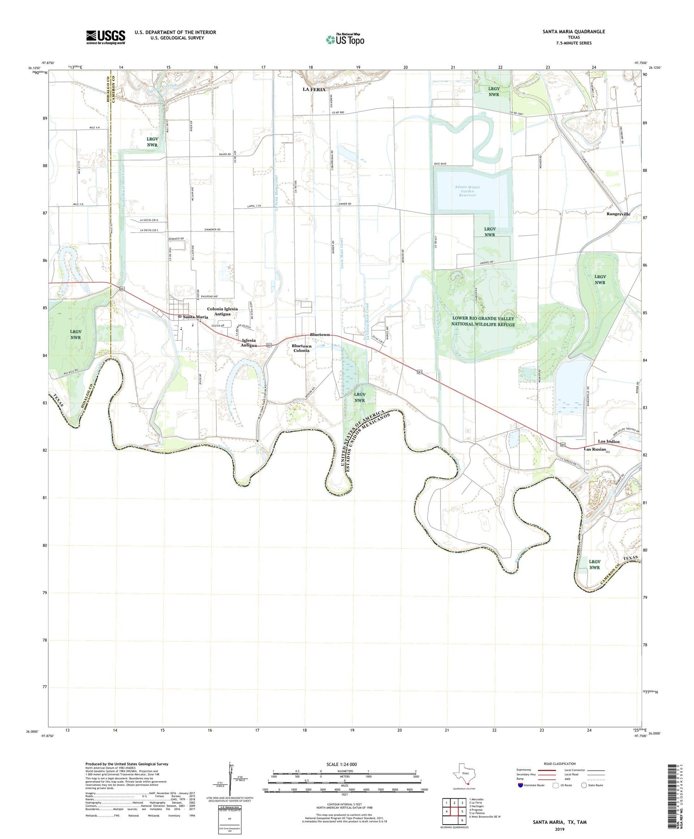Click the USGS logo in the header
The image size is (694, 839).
pyautogui.click(x=105, y=37)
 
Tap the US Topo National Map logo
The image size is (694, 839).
pyautogui.click(x=345, y=40)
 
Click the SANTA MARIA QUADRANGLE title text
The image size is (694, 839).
pyautogui.click(x=567, y=31)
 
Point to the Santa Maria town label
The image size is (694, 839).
pyautogui.click(x=195, y=317)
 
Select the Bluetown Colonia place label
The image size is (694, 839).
pyautogui.click(x=302, y=348)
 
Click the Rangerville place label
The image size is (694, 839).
pyautogui.click(x=618, y=214)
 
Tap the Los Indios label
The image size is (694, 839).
pyautogui.click(x=608, y=441)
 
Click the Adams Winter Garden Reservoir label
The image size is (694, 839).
pyautogui.click(x=467, y=191)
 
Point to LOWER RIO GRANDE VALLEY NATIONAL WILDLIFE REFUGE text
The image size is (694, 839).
pyautogui.click(x=483, y=321)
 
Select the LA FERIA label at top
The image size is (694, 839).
pyautogui.click(x=314, y=89)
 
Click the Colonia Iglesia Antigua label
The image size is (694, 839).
pyautogui.click(x=222, y=311)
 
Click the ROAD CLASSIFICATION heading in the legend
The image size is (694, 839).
pyautogui.click(x=560, y=764)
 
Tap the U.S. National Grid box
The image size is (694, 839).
pyautogui.click(x=229, y=820)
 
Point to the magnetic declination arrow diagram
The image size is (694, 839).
pyautogui.click(x=230, y=777)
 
